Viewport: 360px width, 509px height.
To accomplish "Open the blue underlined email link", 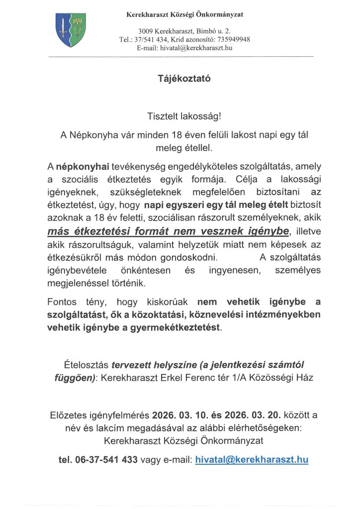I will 252,460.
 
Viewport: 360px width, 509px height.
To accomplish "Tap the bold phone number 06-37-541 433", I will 98,460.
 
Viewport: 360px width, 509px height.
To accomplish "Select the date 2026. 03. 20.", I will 255,415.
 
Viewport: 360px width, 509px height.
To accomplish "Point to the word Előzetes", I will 70,415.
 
